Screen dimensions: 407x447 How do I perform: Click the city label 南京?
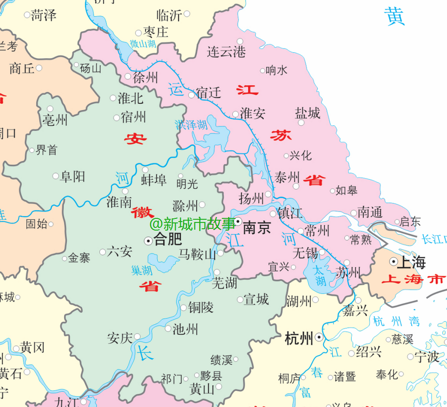tap(256, 228)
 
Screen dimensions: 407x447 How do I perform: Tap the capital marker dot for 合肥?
tap(148, 241)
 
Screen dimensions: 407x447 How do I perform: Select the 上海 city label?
tap(413, 262)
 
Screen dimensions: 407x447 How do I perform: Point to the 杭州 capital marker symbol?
tap(319, 337)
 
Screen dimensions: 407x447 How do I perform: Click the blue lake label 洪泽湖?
tap(191, 125)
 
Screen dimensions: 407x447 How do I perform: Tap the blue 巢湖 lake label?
tap(142, 271)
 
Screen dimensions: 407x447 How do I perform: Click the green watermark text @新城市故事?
tap(192, 224)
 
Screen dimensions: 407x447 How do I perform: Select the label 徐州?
tap(145, 78)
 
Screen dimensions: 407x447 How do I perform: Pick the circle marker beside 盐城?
tap(301, 123)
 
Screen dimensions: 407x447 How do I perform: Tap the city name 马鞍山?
tap(197, 254)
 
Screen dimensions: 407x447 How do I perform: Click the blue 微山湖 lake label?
tap(143, 44)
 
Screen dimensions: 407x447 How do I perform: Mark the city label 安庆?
tap(120, 338)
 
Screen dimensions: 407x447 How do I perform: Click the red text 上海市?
tap(413, 279)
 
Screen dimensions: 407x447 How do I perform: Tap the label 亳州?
tap(55, 120)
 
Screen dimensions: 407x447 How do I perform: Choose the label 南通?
tap(370, 212)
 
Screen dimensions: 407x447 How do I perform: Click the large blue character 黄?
tap(394, 17)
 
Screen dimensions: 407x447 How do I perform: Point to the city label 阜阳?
tap(73, 176)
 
